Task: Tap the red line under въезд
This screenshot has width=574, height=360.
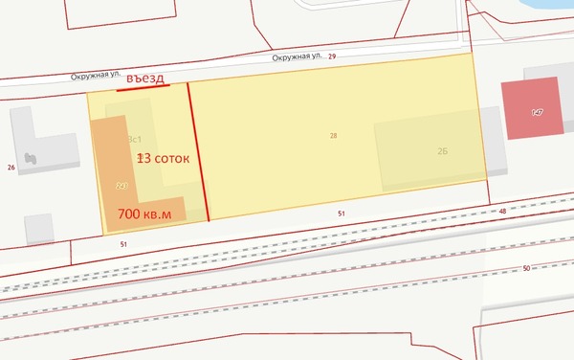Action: click(143, 87)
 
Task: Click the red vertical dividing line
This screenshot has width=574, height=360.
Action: click(198, 153)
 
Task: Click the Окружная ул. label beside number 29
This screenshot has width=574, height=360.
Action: click(296, 57)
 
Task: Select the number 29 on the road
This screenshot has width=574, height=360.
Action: click(332, 57)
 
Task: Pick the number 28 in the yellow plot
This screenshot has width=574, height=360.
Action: click(333, 136)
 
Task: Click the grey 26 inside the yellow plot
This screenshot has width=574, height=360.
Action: click(443, 151)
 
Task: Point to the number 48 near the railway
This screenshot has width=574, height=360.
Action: click(502, 212)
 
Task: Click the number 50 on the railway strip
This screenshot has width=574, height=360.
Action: click(526, 269)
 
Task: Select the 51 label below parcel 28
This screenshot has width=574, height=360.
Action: click(341, 214)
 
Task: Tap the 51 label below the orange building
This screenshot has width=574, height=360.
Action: click(123, 245)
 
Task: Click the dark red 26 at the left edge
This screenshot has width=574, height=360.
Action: click(11, 168)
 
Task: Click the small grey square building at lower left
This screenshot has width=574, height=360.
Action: click(39, 228)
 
